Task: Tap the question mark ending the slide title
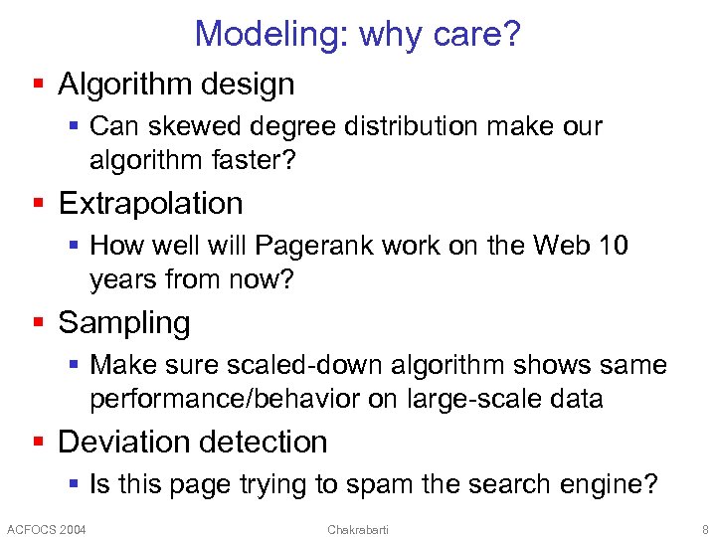pos(511,35)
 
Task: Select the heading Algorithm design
pos(176,85)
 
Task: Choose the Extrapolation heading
pos(150,204)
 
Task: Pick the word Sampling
pos(123,323)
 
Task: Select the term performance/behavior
pos(218,400)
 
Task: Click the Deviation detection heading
pos(193,443)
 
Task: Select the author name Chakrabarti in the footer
pos(358,528)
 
